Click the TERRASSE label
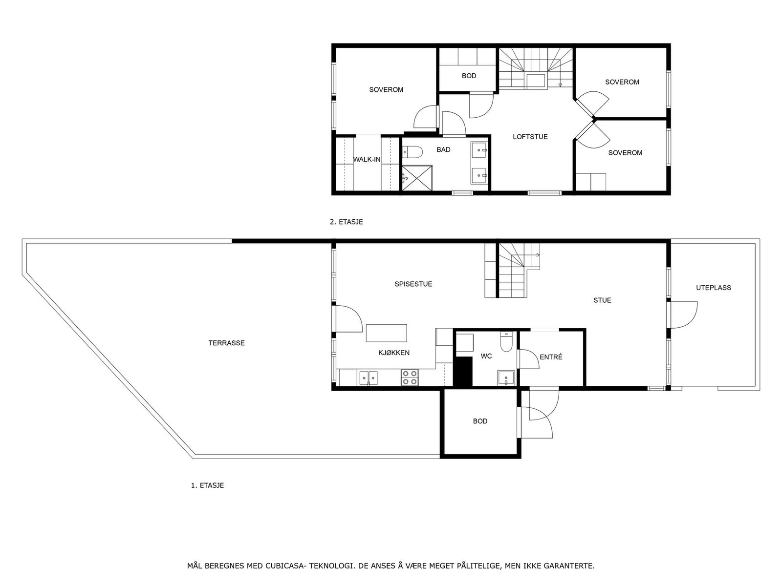tap(226, 343)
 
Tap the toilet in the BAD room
tap(412, 153)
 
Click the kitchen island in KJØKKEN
tap(386, 333)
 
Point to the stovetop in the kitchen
tap(410, 377)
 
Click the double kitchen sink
tap(368, 378)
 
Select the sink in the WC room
tap(506, 377)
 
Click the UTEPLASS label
tap(713, 288)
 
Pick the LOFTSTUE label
tap(530, 137)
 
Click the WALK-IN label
tap(367, 159)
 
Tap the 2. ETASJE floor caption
tap(346, 222)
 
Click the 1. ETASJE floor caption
tap(207, 485)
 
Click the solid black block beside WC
tap(463, 372)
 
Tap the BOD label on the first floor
tap(480, 421)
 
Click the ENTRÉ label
tap(551, 357)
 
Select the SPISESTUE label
tap(413, 284)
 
